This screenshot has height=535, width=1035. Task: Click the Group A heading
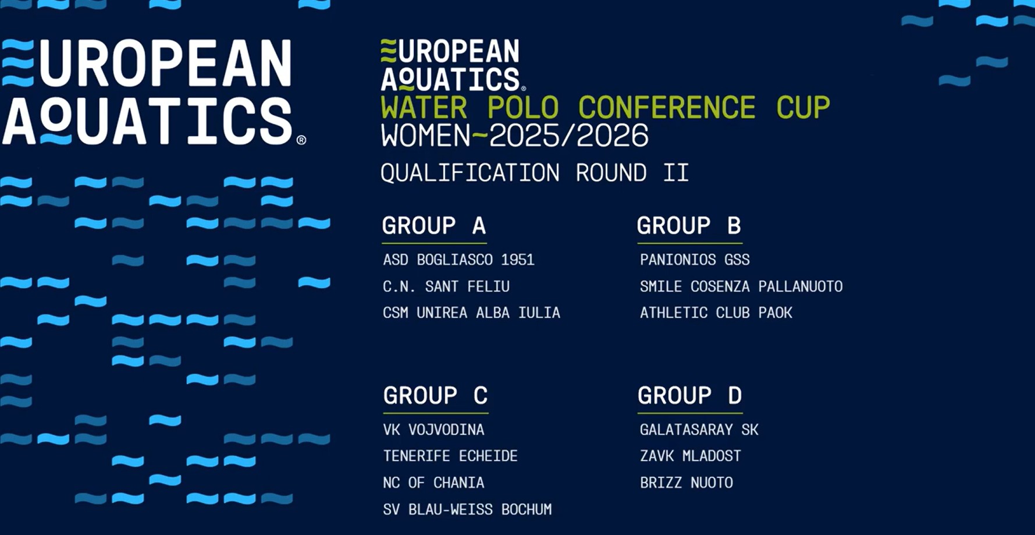pyautogui.click(x=434, y=225)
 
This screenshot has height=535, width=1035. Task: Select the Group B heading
pyautogui.click(x=689, y=225)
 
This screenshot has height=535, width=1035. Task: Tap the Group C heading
pyautogui.click(x=435, y=395)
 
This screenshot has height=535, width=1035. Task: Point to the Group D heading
pyautogui.click(x=690, y=395)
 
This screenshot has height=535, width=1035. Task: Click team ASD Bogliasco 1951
pyautogui.click(x=458, y=260)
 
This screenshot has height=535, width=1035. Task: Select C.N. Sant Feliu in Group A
pyautogui.click(x=446, y=286)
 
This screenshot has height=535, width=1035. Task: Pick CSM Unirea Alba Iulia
pyautogui.click(x=471, y=313)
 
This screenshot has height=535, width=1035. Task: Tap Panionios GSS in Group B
pyautogui.click(x=695, y=260)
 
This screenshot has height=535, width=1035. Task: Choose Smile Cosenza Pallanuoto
pyautogui.click(x=741, y=286)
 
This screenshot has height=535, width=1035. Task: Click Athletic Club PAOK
pyautogui.click(x=716, y=313)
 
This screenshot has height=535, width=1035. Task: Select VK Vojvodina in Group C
pyautogui.click(x=433, y=430)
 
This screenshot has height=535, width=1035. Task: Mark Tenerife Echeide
pyautogui.click(x=450, y=456)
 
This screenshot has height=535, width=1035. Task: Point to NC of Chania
pyautogui.click(x=433, y=483)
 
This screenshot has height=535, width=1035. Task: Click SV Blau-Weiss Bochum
pyautogui.click(x=467, y=509)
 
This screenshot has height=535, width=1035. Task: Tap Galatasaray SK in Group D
pyautogui.click(x=699, y=430)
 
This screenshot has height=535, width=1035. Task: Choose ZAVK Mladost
pyautogui.click(x=691, y=456)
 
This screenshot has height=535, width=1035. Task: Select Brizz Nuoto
pyautogui.click(x=687, y=483)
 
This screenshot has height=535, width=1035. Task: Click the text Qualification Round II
pyautogui.click(x=535, y=173)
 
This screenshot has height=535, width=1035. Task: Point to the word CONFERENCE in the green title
pyautogui.click(x=667, y=108)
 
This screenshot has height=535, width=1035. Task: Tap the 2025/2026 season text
pyautogui.click(x=569, y=136)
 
